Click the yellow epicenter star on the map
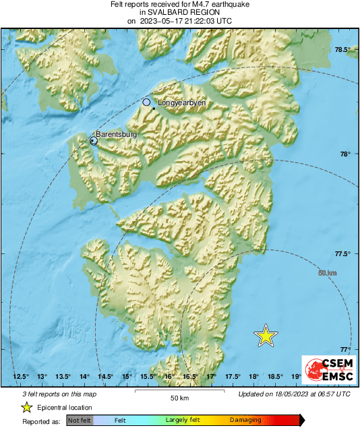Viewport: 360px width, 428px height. pyautogui.click(x=266, y=335)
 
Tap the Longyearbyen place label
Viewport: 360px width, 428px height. pyautogui.click(x=181, y=103)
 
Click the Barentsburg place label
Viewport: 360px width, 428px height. pyautogui.click(x=117, y=135)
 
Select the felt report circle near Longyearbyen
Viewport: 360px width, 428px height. pyautogui.click(x=147, y=102)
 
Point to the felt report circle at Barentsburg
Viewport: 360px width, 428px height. pyautogui.click(x=94, y=141)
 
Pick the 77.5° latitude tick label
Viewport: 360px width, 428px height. pyautogui.click(x=344, y=254)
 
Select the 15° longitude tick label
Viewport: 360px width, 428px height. pyautogui.click(x=126, y=376)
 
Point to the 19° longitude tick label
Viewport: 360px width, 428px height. pyautogui.click(x=296, y=376)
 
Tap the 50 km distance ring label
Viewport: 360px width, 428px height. pyautogui.click(x=327, y=272)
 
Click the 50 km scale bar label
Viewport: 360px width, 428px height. pyautogui.click(x=179, y=398)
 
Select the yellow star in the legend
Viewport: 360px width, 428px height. pyautogui.click(x=27, y=407)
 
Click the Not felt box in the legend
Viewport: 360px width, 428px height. pyautogui.click(x=79, y=420)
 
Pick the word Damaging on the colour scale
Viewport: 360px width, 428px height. pyautogui.click(x=245, y=420)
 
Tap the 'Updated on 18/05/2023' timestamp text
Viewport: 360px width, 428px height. pyautogui.click(x=294, y=394)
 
